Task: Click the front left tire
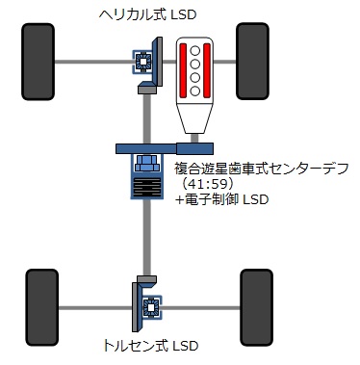click(38, 62)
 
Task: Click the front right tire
click(252, 62)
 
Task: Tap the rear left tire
click(42, 307)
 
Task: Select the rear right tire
click(256, 307)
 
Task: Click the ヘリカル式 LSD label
click(147, 14)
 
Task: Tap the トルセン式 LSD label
click(150, 346)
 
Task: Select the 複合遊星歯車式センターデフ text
click(262, 169)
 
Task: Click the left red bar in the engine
click(183, 70)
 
